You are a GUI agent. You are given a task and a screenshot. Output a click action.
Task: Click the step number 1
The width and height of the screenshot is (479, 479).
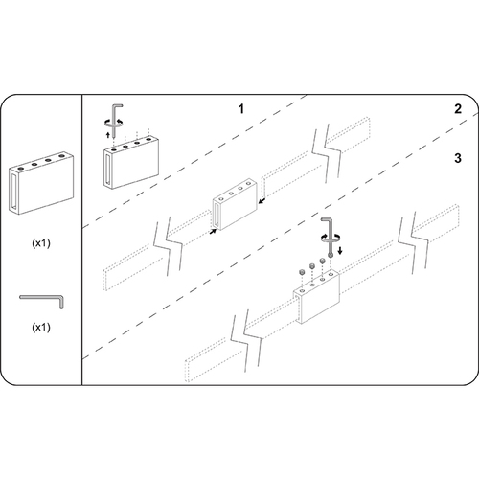pos(242,109)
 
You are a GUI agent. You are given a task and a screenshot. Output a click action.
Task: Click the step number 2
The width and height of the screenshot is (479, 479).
pos(458,109)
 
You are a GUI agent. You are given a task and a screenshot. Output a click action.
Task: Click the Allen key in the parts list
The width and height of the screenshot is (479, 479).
pos(41,300)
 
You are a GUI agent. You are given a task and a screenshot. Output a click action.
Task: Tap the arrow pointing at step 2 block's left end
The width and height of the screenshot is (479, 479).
pos(212,231)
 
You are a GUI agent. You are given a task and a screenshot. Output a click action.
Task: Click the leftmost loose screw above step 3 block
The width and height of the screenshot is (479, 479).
pos(302,273)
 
